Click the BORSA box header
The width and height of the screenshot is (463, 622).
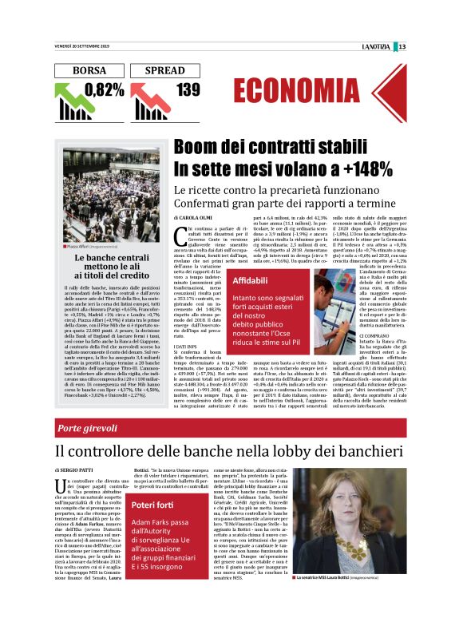coord(89,71)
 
